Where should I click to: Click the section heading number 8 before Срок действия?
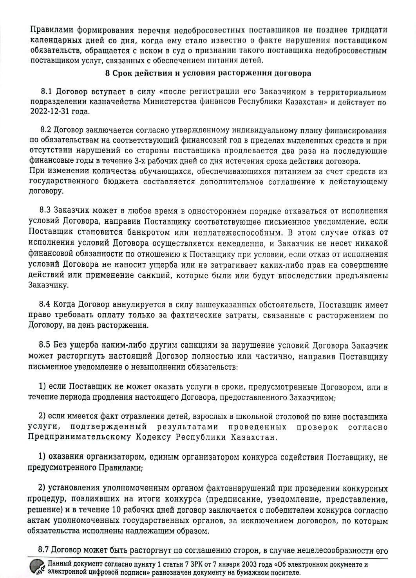click(x=108, y=73)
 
